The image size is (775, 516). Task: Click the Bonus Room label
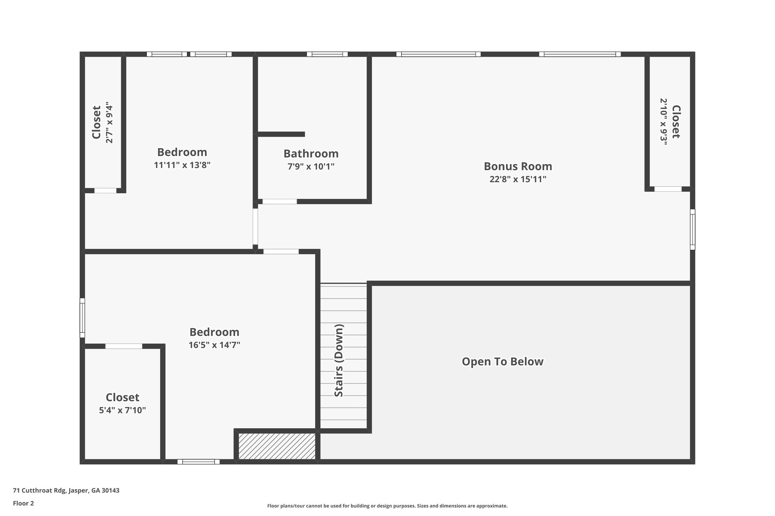(x=518, y=166)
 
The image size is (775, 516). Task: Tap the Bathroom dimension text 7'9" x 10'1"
(x=311, y=166)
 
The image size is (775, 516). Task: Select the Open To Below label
(x=503, y=362)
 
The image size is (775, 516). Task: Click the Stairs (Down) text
(x=339, y=360)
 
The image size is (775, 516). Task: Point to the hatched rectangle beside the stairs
(x=277, y=446)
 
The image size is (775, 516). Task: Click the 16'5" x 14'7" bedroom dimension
(x=214, y=345)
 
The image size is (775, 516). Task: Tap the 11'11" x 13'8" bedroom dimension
(x=182, y=165)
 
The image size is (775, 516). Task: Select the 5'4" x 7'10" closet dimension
(x=122, y=410)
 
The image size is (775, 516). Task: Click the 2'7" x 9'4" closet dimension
(x=109, y=122)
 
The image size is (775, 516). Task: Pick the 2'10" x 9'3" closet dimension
(x=663, y=122)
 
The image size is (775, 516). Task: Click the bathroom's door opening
(x=280, y=201)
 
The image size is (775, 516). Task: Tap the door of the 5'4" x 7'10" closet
(x=124, y=346)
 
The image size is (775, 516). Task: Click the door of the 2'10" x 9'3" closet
(x=668, y=189)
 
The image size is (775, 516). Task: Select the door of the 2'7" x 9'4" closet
(x=105, y=191)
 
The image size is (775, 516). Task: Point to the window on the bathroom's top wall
(x=327, y=54)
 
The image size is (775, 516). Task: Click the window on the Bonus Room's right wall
(x=693, y=229)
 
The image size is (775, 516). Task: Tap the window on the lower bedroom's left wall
(x=82, y=318)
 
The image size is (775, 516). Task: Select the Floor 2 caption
(x=23, y=503)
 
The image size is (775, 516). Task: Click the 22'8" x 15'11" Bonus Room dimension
(x=518, y=179)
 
